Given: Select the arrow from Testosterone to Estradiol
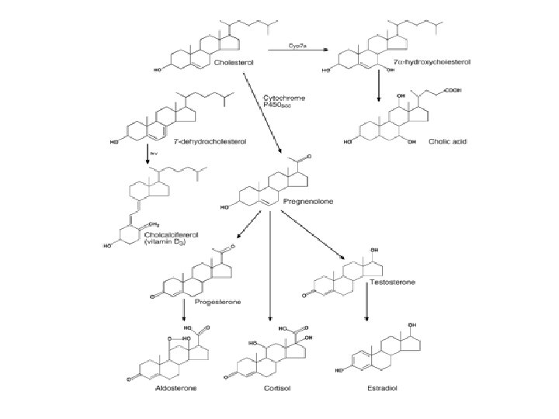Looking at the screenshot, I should (x=366, y=305).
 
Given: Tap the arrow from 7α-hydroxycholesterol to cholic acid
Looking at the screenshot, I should (x=378, y=84).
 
